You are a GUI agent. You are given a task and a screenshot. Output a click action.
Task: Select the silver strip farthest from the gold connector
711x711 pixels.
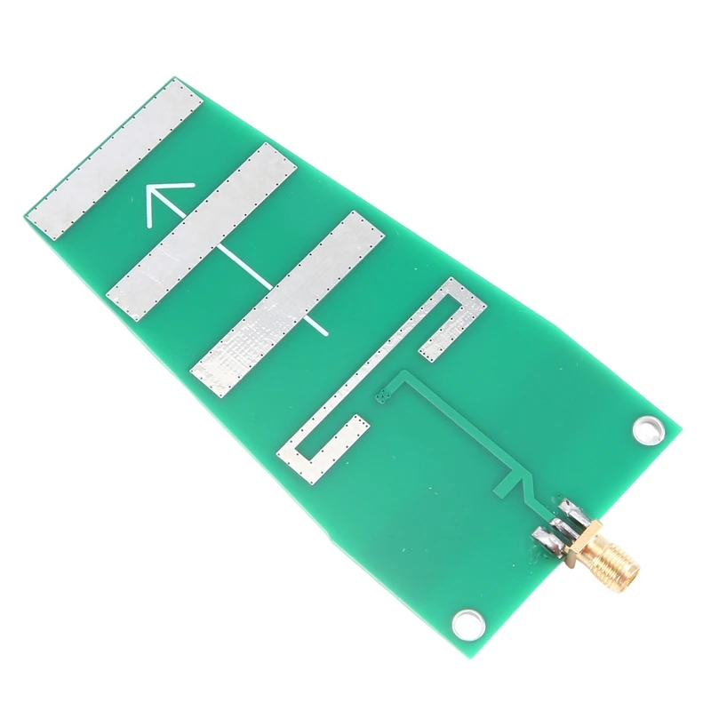coord(116,160)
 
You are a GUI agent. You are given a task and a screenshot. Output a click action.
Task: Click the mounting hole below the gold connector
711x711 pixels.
coord(467,623)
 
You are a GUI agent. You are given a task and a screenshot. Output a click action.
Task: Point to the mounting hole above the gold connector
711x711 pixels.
coord(648,429)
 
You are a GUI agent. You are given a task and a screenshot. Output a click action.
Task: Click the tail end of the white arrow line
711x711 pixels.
coord(326,333)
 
